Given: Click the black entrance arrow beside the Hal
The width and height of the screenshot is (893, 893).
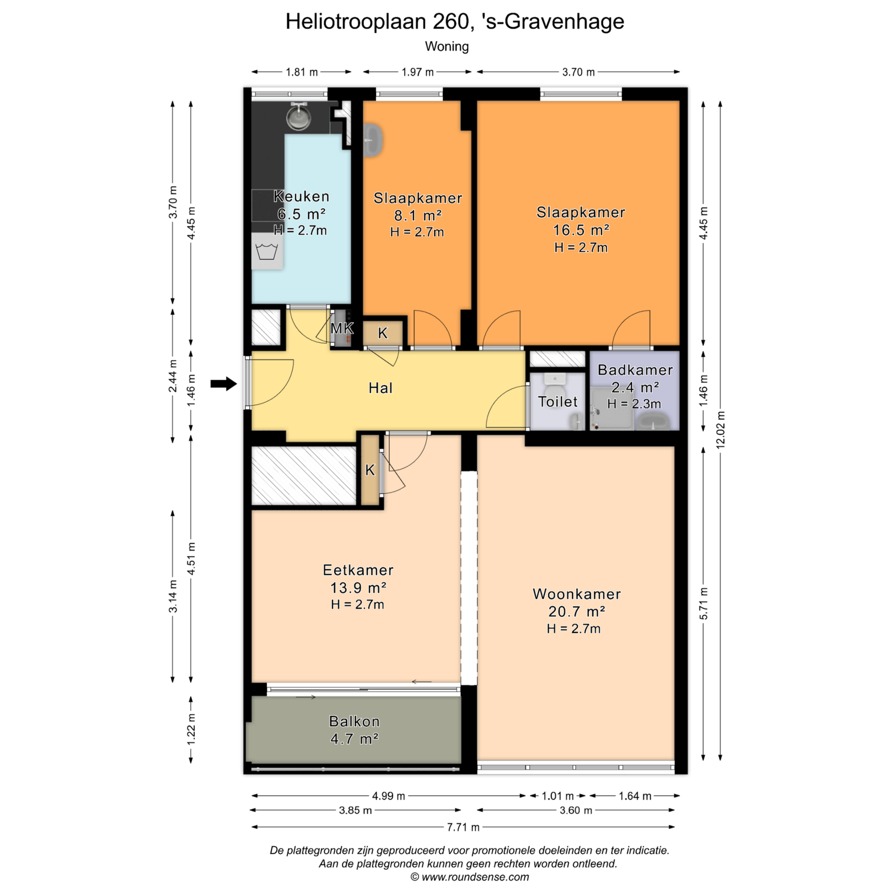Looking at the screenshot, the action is [x=223, y=383].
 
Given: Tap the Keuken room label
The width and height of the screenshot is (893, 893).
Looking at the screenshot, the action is [x=301, y=196].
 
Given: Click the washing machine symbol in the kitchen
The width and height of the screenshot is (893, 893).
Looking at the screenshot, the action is [x=267, y=252].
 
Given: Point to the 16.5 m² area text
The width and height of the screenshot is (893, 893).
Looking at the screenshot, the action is [x=581, y=230].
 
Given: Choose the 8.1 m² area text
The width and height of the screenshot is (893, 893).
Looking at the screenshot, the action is [x=417, y=215].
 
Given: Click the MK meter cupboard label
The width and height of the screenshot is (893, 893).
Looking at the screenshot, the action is [x=342, y=328].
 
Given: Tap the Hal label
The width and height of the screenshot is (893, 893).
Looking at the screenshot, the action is [x=381, y=388].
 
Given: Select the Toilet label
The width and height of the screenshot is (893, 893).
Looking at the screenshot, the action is [x=558, y=401].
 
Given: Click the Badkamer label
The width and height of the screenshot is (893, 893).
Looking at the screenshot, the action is [x=635, y=369].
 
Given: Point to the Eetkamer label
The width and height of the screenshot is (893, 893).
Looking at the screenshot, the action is [x=358, y=570].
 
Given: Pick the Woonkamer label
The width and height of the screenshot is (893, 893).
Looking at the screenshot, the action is [x=577, y=594].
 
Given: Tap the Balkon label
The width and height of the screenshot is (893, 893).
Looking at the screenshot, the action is [x=354, y=721].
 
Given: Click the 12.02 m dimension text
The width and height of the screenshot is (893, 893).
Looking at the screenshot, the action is [x=721, y=430].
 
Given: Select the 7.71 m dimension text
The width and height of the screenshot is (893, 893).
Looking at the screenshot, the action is [x=463, y=827].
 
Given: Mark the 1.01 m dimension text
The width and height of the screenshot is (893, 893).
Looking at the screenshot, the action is [x=558, y=796].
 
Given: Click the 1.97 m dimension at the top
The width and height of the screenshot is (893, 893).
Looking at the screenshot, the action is [x=417, y=72].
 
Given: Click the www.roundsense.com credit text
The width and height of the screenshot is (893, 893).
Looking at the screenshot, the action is [x=475, y=877].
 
